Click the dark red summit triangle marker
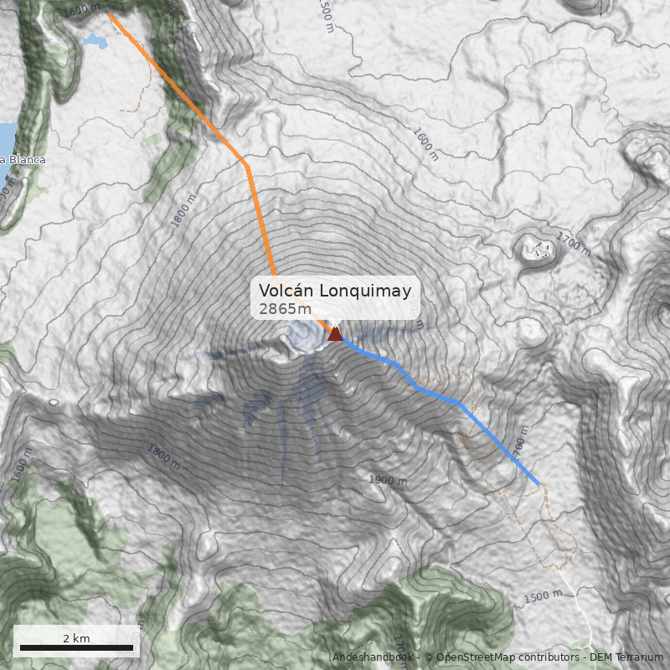[335, 334]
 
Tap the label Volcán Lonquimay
[335, 291]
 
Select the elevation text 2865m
[279, 309]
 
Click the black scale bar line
[76, 648]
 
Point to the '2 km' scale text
[76, 638]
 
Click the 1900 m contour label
[388, 480]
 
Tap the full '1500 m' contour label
[544, 597]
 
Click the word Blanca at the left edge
[25, 159]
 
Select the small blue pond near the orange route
[94, 39]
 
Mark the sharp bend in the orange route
[246, 165]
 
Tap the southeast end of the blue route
[538, 483]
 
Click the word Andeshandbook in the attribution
[374, 657]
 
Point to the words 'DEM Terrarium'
[626, 657]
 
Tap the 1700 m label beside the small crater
[573, 244]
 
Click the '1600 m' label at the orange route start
[80, 9]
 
